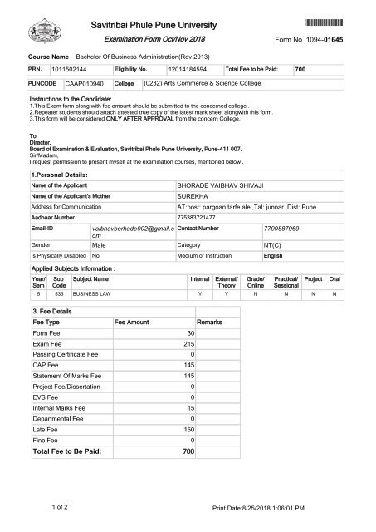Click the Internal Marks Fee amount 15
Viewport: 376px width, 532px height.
pos(190,407)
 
